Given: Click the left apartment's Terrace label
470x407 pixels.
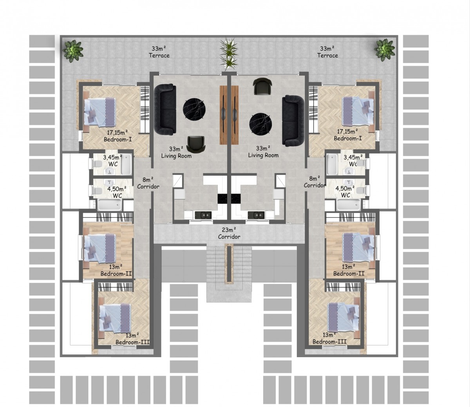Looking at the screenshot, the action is tap(159, 52).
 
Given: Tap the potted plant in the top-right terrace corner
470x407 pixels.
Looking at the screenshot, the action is tap(385, 50).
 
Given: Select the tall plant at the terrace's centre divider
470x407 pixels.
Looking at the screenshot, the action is tap(229, 53).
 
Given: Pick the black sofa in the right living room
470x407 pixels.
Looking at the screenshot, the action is tap(293, 121).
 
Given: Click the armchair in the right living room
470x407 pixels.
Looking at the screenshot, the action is tap(262, 86).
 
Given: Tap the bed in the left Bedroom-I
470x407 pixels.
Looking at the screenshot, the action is tap(100, 112).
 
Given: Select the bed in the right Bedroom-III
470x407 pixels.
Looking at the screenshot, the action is tap(343, 317).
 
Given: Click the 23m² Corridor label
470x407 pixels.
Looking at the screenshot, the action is tap(229, 233).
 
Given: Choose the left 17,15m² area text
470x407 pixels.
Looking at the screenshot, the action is tap(117, 132).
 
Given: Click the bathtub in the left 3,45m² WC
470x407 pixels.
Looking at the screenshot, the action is tap(126, 164).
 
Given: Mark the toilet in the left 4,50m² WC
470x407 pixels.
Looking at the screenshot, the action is tap(97, 190).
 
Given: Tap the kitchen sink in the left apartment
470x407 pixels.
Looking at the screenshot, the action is tap(203, 215).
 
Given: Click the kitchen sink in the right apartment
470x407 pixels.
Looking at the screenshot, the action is tap(256, 215).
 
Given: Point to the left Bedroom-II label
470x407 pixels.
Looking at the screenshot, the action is tap(116, 273).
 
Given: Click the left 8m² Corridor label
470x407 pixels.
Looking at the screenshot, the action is tap(148, 183).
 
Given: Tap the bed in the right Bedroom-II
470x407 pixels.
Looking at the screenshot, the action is tap(358, 248).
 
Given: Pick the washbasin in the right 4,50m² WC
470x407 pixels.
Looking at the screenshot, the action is tap(348, 182).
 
